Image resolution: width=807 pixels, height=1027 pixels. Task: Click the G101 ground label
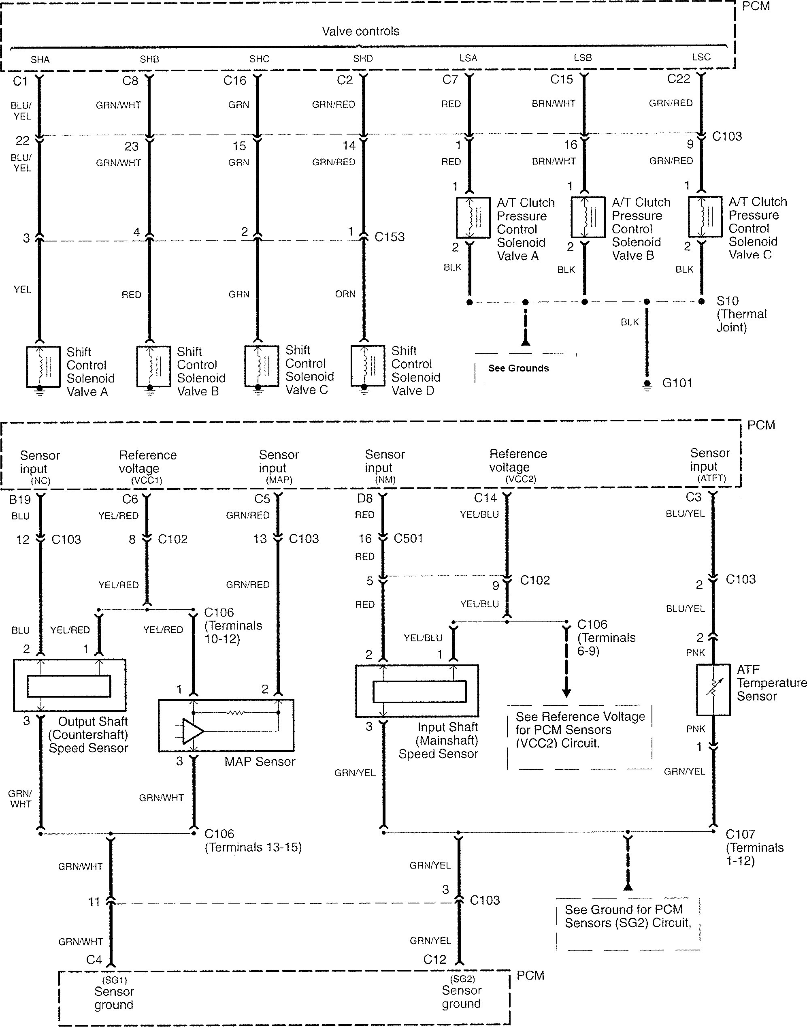(x=677, y=383)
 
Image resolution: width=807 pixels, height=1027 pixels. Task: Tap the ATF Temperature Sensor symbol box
(x=713, y=690)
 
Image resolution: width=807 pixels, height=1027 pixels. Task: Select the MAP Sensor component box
(x=226, y=725)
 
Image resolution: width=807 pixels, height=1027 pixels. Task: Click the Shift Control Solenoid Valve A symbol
(x=43, y=366)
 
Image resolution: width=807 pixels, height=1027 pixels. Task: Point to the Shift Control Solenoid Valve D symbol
(x=368, y=366)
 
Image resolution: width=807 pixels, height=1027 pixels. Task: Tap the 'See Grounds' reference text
(x=518, y=368)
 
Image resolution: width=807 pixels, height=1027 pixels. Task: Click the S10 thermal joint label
(x=728, y=301)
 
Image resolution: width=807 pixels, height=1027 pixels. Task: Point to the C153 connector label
(x=389, y=237)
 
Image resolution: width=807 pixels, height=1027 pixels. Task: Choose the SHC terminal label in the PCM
(x=260, y=59)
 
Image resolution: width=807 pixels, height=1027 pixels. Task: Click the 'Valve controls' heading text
(x=360, y=31)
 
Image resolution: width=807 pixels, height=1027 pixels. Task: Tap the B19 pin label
(x=20, y=500)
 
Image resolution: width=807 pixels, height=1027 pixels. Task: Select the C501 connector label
(x=408, y=538)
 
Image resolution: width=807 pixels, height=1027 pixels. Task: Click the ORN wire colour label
(x=345, y=294)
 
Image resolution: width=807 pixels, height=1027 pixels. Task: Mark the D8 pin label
(x=365, y=498)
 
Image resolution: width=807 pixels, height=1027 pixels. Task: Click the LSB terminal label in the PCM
(x=583, y=58)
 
